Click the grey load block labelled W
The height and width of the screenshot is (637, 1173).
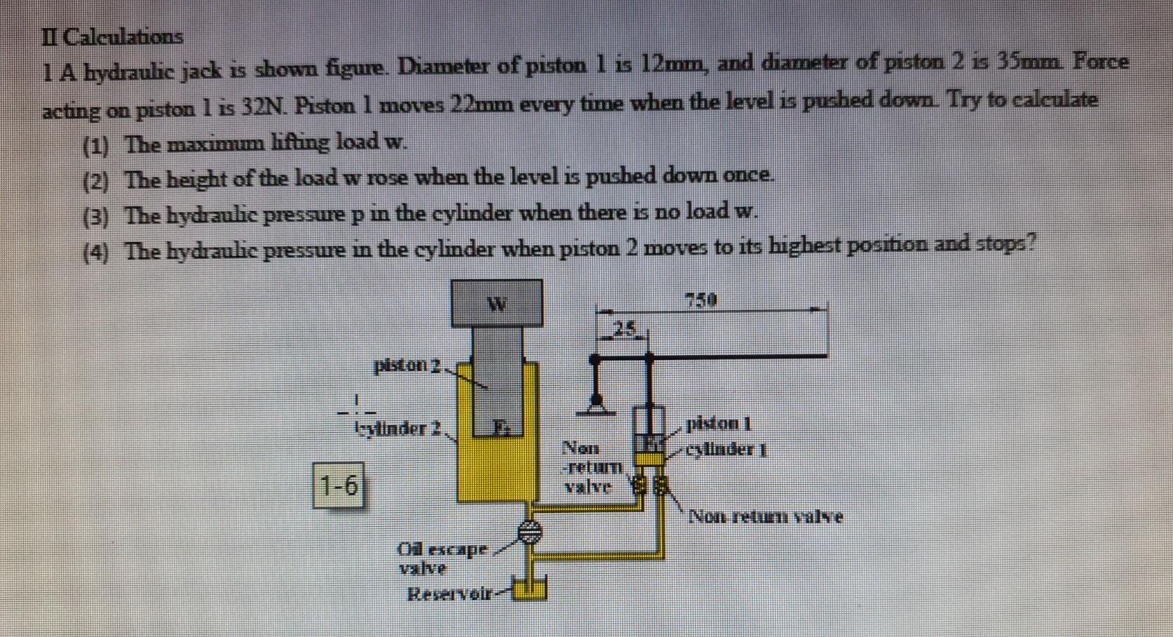tap(496, 303)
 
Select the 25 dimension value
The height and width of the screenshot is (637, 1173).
tap(624, 328)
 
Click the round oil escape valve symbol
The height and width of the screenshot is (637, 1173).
tap(531, 532)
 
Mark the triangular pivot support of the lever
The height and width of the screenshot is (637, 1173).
tap(596, 403)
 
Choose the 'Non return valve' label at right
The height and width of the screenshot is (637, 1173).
tap(766, 517)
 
